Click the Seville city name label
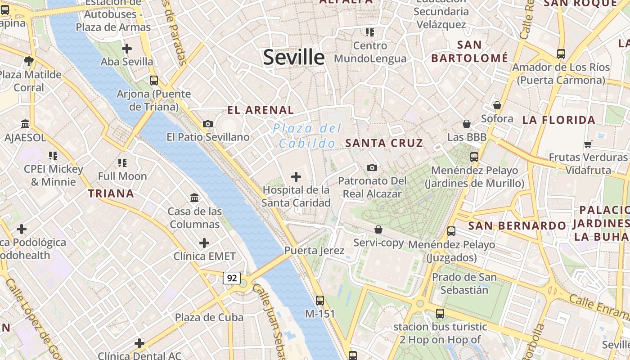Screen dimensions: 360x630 point(293,58)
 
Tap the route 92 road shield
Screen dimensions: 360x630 point(232,278)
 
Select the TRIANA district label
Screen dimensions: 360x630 point(111,194)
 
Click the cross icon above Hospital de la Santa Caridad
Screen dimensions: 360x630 point(296,177)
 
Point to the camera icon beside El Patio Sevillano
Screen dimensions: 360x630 point(208,124)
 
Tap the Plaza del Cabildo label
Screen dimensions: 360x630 point(307,136)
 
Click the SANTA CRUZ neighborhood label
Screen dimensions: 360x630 point(384,144)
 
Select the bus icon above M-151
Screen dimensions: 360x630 point(320,300)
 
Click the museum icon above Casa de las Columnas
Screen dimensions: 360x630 point(194,198)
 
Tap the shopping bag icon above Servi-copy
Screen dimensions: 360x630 point(378,229)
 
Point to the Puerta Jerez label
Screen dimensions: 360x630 point(314,251)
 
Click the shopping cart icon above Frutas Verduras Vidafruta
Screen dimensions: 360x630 point(588,144)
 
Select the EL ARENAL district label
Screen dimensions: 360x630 point(261,110)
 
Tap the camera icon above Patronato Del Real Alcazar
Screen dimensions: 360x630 point(372,167)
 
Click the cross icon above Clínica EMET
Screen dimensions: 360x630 point(204,243)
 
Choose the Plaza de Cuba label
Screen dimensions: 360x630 point(209,317)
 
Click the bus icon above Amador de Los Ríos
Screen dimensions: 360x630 point(561,54)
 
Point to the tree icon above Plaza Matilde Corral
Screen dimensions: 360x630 point(29,61)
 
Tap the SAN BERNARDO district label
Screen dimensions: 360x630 point(517,226)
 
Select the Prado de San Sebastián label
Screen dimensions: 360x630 point(464,283)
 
